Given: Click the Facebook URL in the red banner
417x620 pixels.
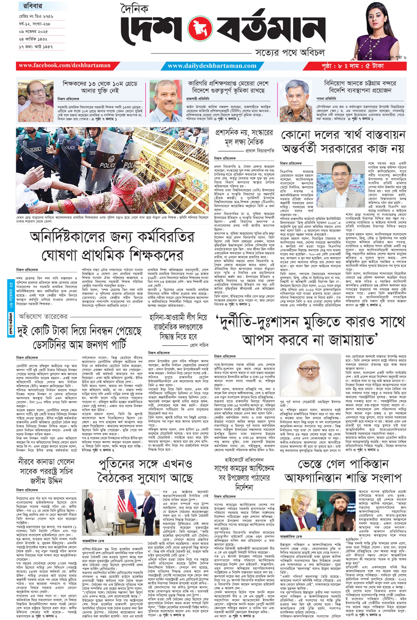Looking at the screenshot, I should (64, 65).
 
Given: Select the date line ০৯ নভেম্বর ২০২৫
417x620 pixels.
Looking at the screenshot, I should (33, 32).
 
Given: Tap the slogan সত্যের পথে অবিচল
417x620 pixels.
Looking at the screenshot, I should (290, 52).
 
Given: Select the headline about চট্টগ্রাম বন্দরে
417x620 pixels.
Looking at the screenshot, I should (360, 87).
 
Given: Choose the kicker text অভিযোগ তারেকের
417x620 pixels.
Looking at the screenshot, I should (43, 317).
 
